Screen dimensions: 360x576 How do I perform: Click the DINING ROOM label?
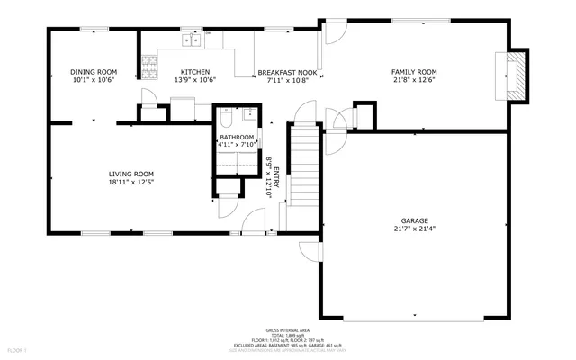tap(94, 71)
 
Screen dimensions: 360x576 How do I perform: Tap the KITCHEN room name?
tap(195, 71)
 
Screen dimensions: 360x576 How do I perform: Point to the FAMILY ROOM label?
tap(413, 71)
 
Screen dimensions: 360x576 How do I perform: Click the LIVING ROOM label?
tap(131, 174)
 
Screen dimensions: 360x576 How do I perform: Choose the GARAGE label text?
tap(415, 220)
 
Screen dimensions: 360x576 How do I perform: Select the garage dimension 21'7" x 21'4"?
tap(415, 229)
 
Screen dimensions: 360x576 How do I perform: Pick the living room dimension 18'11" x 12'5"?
tap(131, 183)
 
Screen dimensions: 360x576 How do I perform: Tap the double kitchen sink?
tap(192, 40)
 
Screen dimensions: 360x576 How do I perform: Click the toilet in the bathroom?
tap(225, 119)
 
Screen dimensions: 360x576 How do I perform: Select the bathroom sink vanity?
tap(249, 119)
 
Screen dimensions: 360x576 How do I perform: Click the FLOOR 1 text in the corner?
tap(17, 349)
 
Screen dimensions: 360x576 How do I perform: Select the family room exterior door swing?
tap(334, 33)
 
